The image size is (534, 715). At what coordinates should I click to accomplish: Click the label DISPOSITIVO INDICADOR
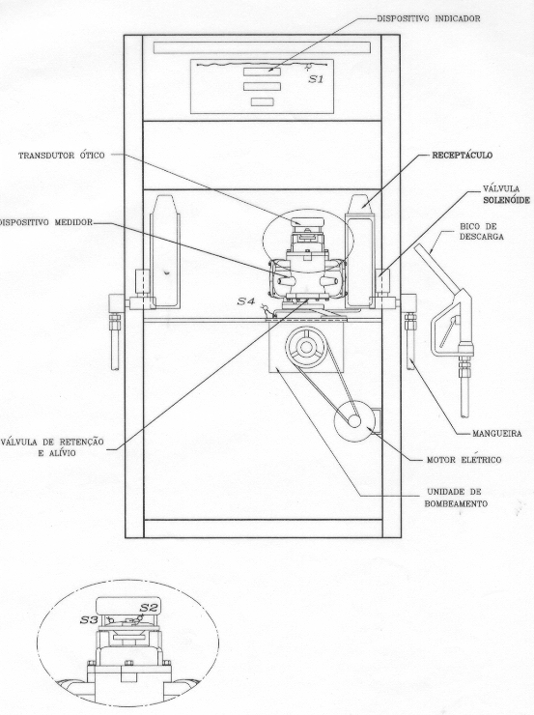[428, 18]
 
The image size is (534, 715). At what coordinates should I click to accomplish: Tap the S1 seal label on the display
[316, 79]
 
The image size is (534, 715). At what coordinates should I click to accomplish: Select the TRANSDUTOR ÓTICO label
[61, 156]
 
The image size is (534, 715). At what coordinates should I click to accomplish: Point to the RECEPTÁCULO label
[462, 155]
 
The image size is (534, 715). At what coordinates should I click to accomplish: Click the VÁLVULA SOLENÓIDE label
[506, 194]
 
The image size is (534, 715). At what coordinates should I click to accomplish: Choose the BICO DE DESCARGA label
[481, 231]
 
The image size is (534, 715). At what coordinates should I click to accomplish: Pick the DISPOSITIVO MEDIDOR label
[46, 222]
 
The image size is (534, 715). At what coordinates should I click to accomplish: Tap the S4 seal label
[245, 301]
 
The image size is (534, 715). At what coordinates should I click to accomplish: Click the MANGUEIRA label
[496, 434]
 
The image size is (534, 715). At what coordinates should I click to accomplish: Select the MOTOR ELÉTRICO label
[464, 460]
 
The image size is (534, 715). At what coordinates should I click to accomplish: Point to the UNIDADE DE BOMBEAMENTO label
[456, 498]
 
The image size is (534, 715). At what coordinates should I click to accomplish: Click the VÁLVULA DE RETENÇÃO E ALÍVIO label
[52, 447]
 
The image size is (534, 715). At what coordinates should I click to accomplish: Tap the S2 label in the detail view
[148, 608]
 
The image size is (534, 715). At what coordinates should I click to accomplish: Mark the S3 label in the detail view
[89, 620]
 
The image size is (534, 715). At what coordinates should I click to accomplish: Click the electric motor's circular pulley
[355, 420]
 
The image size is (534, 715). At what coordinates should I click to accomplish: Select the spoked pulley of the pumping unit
[307, 348]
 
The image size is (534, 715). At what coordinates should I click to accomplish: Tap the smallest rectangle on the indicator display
[262, 101]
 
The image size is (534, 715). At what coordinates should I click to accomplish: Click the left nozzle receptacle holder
[163, 252]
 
